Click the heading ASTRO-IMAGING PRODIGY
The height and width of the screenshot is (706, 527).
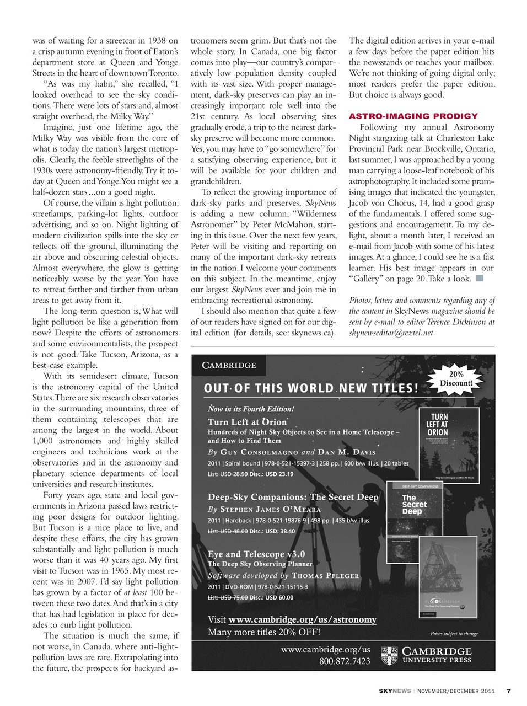(x=413, y=116)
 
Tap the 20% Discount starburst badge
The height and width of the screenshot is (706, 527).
(x=456, y=378)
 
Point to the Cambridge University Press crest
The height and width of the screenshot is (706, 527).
(x=390, y=655)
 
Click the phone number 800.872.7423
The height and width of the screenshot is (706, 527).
(x=345, y=661)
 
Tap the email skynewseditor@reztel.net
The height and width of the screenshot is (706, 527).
(x=391, y=333)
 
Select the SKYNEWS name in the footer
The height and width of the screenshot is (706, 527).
(x=395, y=691)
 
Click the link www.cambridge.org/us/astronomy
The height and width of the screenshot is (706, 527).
(x=302, y=619)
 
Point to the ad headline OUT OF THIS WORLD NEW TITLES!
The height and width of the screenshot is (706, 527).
(x=311, y=388)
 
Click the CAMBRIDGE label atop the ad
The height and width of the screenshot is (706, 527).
(x=229, y=365)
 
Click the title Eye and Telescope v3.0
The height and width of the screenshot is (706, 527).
(x=256, y=554)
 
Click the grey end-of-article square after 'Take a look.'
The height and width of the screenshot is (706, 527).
(x=480, y=278)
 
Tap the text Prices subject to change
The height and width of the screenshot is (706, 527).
(x=454, y=634)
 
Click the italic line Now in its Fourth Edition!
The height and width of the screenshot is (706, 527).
(x=251, y=409)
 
